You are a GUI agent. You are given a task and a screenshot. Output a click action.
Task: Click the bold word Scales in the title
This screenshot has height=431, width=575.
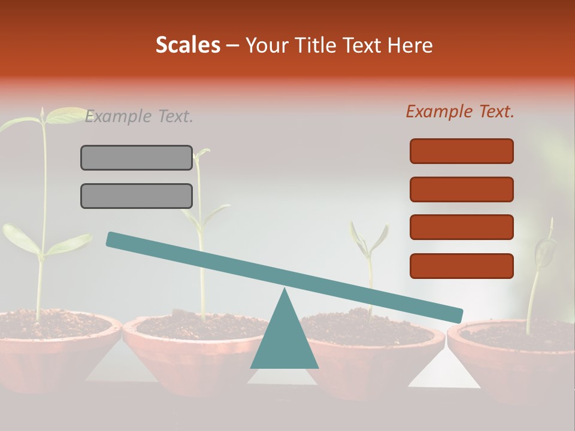click(187, 45)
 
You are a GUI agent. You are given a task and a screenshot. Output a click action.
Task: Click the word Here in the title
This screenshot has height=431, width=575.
click(410, 45)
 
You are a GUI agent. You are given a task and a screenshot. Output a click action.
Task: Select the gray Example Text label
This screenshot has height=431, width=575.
click(139, 117)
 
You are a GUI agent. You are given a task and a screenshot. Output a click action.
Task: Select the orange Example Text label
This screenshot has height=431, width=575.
click(460, 111)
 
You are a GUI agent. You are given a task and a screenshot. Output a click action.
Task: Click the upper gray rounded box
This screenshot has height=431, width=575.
click(137, 157)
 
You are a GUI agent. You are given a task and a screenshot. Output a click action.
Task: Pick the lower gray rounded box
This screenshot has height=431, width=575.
click(137, 196)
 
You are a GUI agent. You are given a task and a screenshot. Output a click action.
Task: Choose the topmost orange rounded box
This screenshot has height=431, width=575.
click(461, 151)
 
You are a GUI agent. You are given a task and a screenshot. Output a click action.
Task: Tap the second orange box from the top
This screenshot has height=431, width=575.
click(461, 189)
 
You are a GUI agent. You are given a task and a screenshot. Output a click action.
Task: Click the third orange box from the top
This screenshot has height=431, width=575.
click(461, 227)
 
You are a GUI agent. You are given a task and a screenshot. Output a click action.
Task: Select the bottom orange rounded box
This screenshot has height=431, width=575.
click(461, 266)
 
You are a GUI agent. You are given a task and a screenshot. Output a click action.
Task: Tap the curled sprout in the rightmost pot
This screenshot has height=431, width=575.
click(544, 251)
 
